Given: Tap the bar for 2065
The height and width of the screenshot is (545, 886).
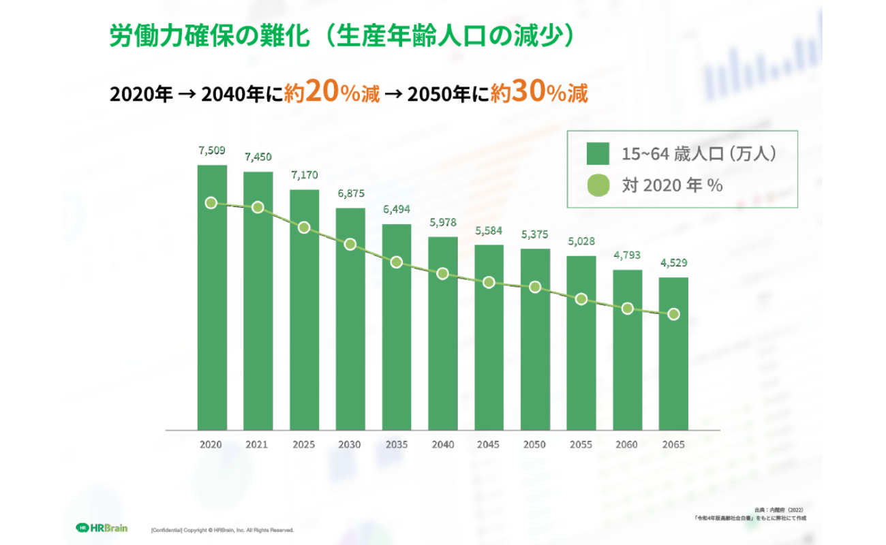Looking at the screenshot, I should [x=673, y=354].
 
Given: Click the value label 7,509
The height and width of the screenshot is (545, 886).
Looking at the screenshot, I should [x=212, y=151].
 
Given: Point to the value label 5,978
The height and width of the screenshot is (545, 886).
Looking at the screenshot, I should [x=443, y=223].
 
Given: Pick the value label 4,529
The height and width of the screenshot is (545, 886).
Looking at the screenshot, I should [x=673, y=263].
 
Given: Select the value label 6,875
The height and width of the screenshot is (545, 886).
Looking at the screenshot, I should [x=350, y=193].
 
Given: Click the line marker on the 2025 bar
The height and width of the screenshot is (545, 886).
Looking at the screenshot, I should [x=304, y=228].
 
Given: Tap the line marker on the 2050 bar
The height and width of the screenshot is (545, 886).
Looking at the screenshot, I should [x=535, y=287].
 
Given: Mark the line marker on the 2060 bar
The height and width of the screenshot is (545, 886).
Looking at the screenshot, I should [x=627, y=309].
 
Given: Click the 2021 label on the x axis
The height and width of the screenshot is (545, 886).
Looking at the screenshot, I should [x=258, y=445].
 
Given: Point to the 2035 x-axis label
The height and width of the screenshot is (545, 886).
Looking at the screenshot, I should [x=396, y=445].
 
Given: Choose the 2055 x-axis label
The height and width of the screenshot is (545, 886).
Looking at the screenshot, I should [x=581, y=445].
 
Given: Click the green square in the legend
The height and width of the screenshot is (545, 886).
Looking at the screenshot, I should [x=598, y=154].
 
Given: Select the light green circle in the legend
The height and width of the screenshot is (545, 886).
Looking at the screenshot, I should [x=598, y=185].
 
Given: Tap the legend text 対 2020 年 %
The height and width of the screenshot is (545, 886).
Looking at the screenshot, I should [x=671, y=185].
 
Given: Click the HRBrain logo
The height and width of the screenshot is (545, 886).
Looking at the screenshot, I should [x=102, y=527].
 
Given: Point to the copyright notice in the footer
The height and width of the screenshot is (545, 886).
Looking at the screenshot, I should [x=221, y=529].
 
